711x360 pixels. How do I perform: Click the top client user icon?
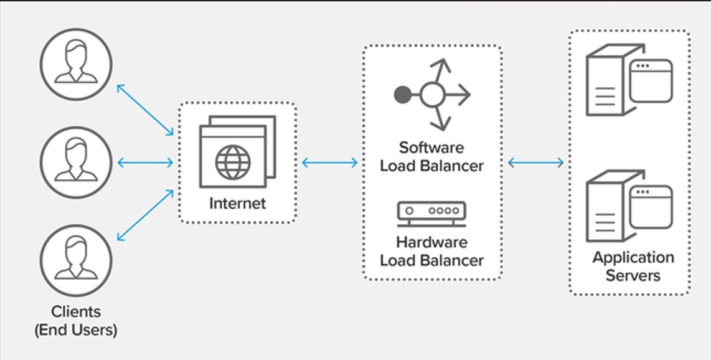point(76,64)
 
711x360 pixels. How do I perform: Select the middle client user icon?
point(76,162)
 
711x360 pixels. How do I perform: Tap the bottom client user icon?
point(76,260)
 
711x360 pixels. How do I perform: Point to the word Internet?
point(237,204)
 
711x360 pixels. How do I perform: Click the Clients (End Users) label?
point(76,320)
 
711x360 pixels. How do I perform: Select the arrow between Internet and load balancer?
point(330,163)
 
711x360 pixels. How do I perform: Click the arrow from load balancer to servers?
point(536,163)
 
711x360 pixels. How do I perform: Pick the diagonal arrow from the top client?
point(145,110)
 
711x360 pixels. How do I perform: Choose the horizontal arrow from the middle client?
point(145,163)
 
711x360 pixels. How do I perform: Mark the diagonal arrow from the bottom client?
point(145,215)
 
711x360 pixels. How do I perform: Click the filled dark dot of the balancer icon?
point(403,95)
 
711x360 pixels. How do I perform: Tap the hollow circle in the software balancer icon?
point(431,95)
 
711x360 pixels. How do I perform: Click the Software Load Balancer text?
point(431,157)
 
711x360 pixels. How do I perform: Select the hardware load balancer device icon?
point(431,213)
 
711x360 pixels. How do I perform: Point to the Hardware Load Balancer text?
point(431,250)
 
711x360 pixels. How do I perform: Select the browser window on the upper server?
point(651,81)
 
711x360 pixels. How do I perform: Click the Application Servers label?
point(633,266)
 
